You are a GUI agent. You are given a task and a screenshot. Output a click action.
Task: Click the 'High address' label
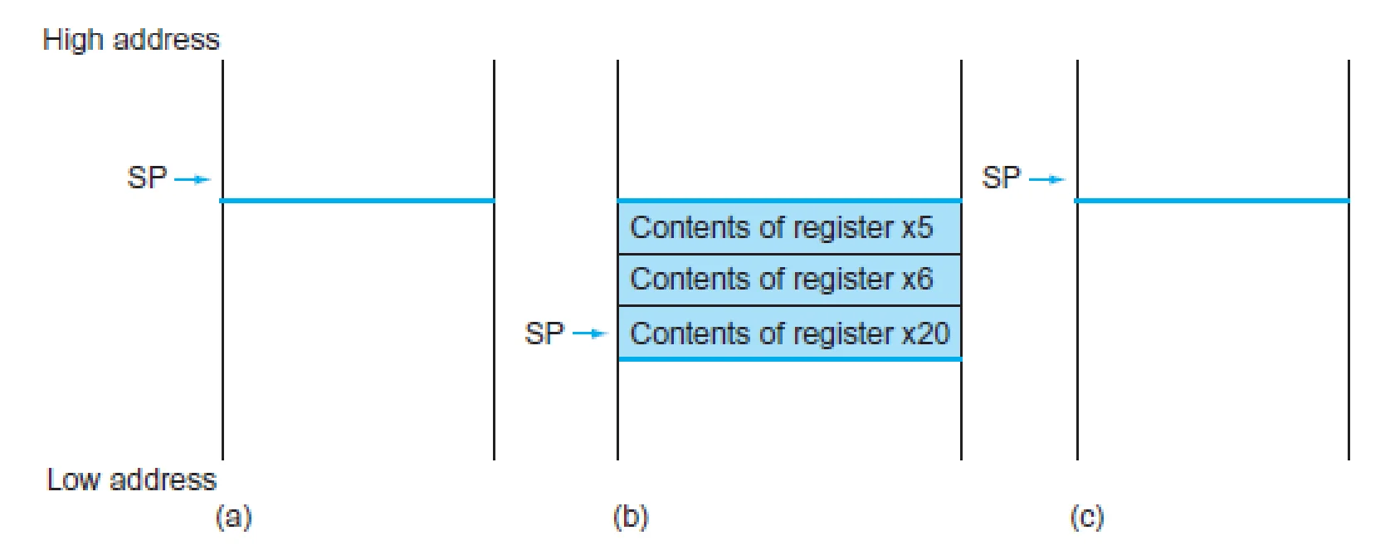131,41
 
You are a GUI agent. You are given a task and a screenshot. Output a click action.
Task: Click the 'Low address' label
132,480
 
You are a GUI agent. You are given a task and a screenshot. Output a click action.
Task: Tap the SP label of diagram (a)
147,178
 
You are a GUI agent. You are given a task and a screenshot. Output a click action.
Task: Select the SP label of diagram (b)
544,333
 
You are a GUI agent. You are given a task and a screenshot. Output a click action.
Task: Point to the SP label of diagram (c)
1001,178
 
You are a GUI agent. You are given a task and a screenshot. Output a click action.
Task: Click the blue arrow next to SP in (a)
193,180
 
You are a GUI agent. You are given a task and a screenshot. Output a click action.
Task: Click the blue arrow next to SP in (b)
589,334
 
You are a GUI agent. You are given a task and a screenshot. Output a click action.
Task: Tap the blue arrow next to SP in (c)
1046,180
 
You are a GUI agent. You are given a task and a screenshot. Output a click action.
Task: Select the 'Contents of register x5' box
789,227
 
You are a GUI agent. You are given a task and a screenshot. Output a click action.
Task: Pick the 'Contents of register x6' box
789,280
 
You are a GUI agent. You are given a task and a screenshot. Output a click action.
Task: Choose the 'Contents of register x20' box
789,333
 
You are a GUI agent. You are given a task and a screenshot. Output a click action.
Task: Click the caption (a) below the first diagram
233,517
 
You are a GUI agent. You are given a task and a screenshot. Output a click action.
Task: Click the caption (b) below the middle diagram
631,517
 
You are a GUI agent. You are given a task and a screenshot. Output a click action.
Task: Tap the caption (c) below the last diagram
1087,517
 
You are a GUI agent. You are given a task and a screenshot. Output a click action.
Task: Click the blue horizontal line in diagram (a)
358,201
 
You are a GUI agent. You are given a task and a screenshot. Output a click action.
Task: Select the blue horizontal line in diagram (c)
1212,201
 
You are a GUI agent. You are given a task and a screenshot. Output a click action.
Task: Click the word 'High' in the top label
72,41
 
